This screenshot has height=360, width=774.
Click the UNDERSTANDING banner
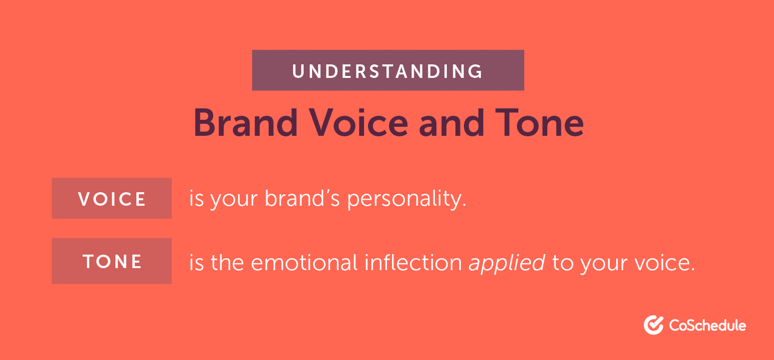(388, 70)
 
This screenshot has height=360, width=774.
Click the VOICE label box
(112, 199)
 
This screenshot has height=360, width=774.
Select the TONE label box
(112, 261)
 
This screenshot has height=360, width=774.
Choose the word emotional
(307, 262)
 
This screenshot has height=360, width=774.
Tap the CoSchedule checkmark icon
(653, 325)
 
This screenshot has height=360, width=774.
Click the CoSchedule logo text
(708, 325)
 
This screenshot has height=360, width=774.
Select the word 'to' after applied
(562, 262)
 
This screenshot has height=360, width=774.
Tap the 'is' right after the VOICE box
(196, 199)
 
